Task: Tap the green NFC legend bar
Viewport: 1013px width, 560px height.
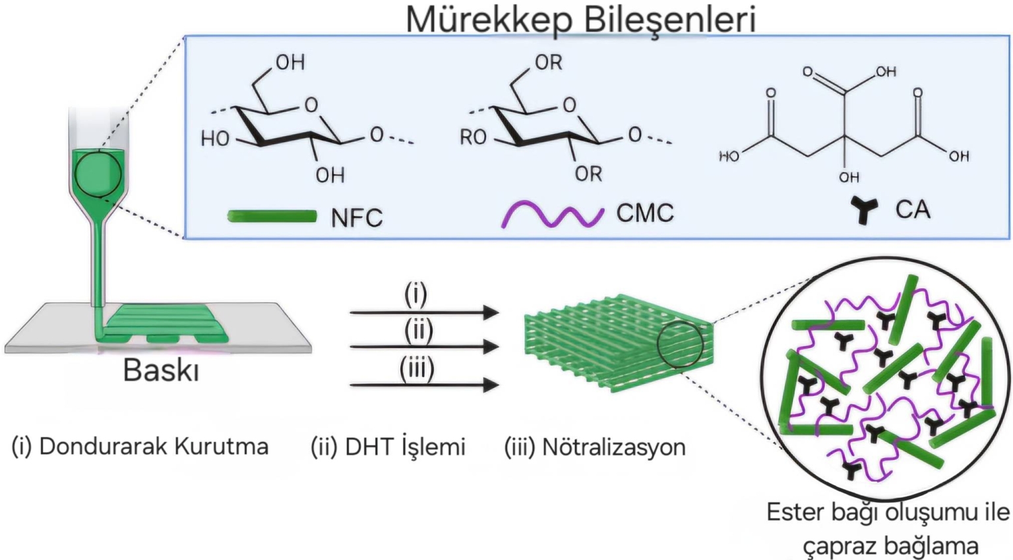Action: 272,216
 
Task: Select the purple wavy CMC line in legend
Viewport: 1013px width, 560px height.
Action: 553,215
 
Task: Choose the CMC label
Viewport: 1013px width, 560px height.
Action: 645,213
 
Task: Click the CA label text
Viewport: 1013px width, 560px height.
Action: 913,210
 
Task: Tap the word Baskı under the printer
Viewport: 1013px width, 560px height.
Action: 161,370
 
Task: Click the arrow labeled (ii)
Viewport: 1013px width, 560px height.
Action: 423,346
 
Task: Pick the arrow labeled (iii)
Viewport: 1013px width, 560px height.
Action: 423,384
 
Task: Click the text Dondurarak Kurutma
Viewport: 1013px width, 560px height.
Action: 154,447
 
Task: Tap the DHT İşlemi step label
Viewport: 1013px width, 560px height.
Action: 406,447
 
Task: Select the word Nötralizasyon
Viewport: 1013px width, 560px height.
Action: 613,447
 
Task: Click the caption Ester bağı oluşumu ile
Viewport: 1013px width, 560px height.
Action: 888,513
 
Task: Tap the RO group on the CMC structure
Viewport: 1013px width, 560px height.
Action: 473,137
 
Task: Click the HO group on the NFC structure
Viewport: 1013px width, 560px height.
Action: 215,138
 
